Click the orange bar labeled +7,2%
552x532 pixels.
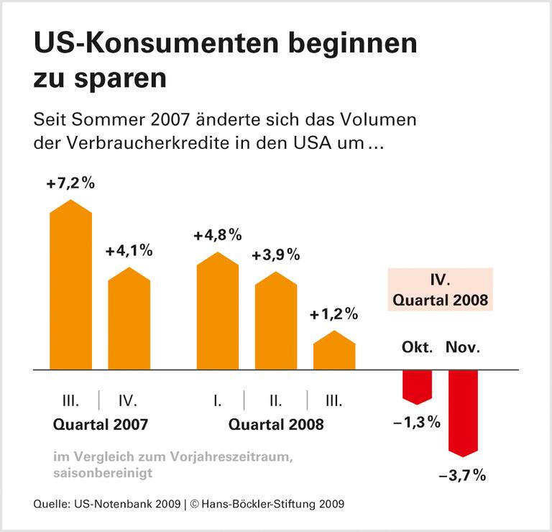tap(70, 288)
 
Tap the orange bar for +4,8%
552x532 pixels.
tap(218, 313)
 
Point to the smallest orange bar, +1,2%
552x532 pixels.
tap(334, 352)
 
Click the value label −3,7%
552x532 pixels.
tap(463, 475)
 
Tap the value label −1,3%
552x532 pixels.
tap(417, 423)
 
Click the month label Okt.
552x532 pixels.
tap(417, 348)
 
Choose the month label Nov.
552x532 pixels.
tap(463, 348)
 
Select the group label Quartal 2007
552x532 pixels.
tap(101, 424)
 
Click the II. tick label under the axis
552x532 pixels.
tap(276, 400)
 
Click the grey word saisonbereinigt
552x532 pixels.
tap(103, 472)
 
